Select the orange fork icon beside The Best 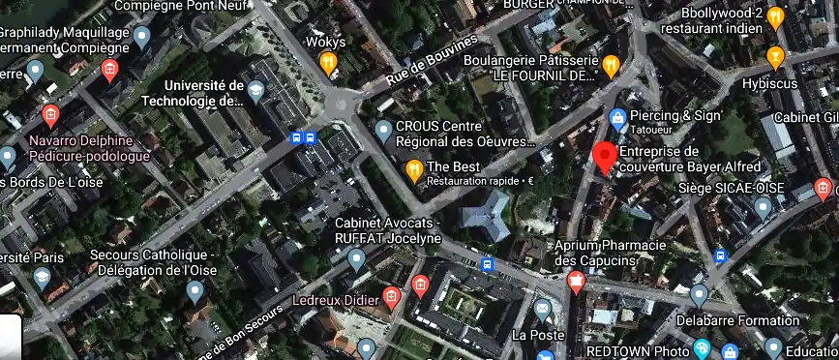pyautogui.click(x=414, y=171)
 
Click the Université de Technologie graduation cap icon pyautogui.click(x=255, y=92)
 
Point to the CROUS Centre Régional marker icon pyautogui.click(x=383, y=130)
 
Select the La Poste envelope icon pyautogui.click(x=543, y=310)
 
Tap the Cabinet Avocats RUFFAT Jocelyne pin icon pyautogui.click(x=356, y=258)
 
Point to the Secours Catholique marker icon pyautogui.click(x=195, y=289)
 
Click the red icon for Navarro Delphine pyautogui.click(x=50, y=117)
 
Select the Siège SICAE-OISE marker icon pyautogui.click(x=763, y=206)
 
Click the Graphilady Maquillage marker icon pyautogui.click(x=142, y=39)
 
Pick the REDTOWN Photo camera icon pyautogui.click(x=702, y=349)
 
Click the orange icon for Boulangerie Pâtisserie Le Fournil pyautogui.click(x=610, y=66)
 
